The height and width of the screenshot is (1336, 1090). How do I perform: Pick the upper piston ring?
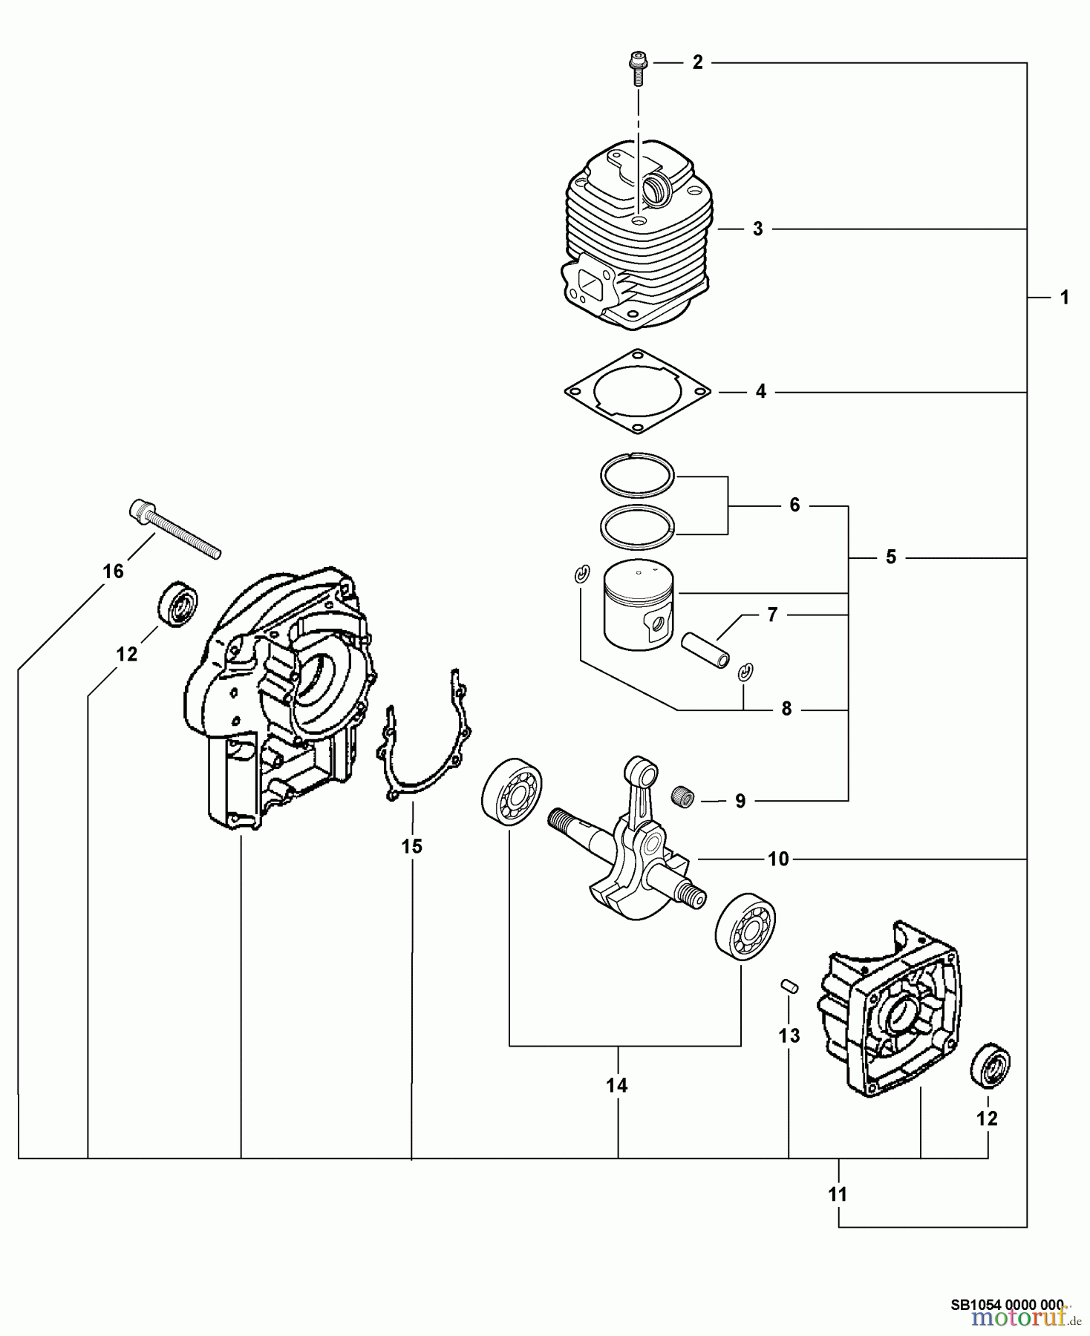pyautogui.click(x=636, y=474)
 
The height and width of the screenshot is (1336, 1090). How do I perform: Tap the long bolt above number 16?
pyautogui.click(x=174, y=528)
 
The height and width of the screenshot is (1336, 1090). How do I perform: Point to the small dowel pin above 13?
pyautogui.click(x=789, y=986)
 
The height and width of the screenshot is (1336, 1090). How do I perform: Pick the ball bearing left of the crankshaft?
pyautogui.click(x=512, y=796)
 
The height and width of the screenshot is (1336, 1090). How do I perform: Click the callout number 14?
pyautogui.click(x=616, y=1085)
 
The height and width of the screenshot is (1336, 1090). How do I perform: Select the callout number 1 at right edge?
pyautogui.click(x=1064, y=298)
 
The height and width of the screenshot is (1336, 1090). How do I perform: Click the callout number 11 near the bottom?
pyautogui.click(x=838, y=1194)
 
